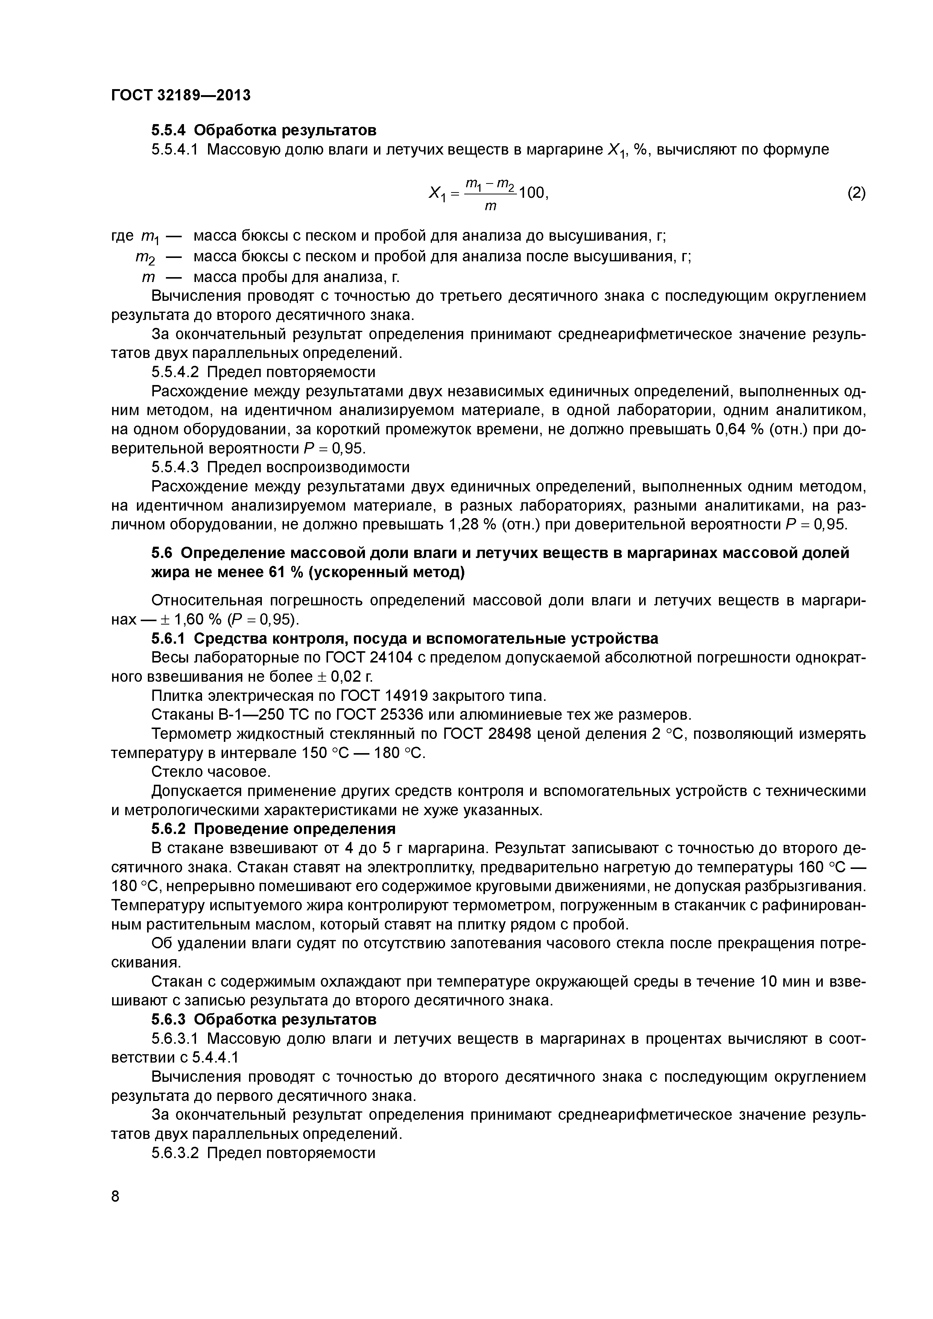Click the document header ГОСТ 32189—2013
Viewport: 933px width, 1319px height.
pyautogui.click(x=181, y=95)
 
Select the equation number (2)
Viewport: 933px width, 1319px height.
pyautogui.click(x=856, y=193)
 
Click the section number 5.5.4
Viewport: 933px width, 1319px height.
pyautogui.click(x=169, y=130)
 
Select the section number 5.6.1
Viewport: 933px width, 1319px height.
pyautogui.click(x=169, y=639)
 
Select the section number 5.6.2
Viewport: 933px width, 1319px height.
pyautogui.click(x=169, y=829)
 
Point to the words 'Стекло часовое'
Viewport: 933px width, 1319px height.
pyautogui.click(x=210, y=771)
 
